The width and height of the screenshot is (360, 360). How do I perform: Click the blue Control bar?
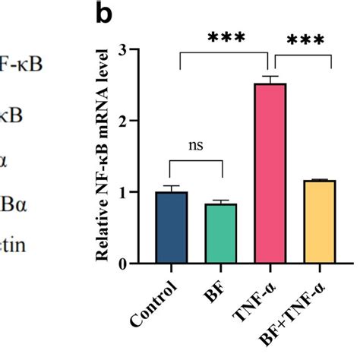[171, 227]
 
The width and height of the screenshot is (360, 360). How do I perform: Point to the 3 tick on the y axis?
[144, 50]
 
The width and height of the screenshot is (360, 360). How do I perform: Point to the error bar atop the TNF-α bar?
[270, 81]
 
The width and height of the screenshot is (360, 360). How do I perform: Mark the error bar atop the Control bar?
[171, 188]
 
